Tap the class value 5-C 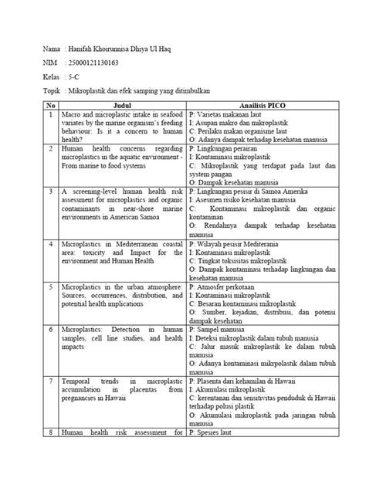point(76,78)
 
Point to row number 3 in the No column point(50,188)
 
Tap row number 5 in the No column point(50,286)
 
